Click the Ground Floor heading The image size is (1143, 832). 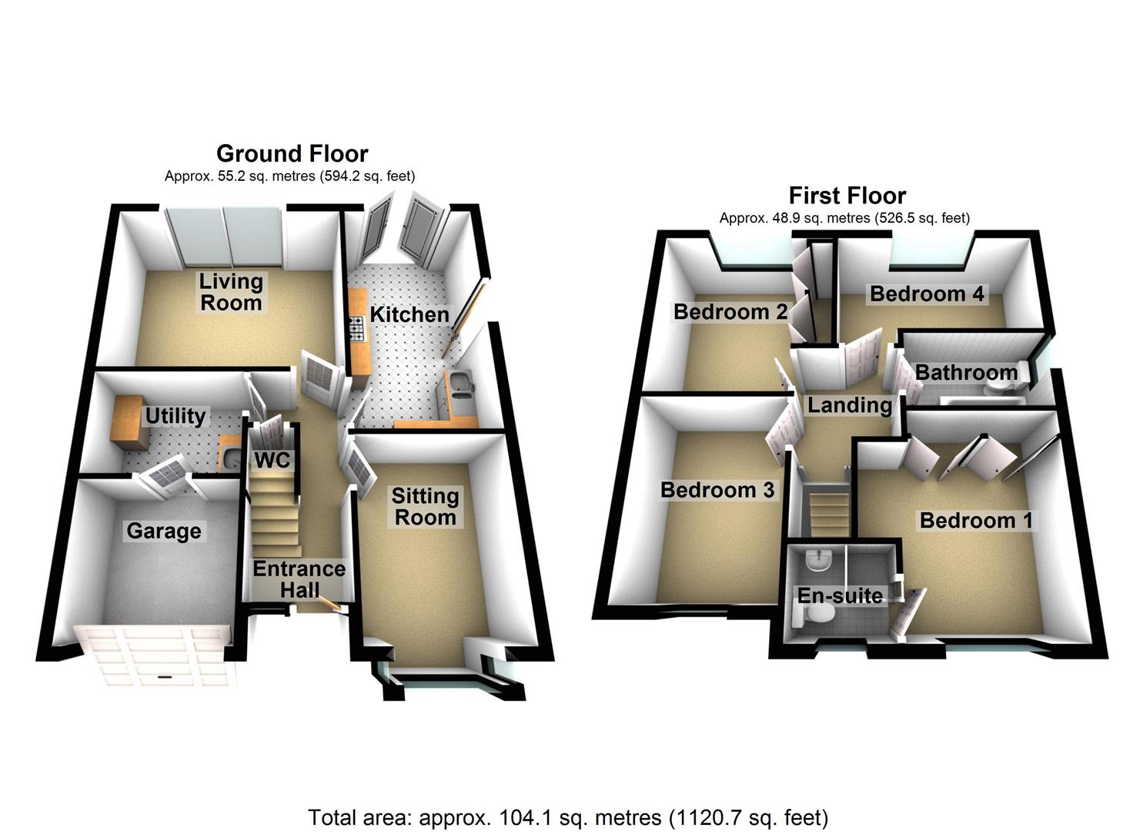pyautogui.click(x=292, y=153)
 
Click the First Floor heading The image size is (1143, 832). pyautogui.click(x=847, y=195)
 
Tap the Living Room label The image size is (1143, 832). pyautogui.click(x=231, y=292)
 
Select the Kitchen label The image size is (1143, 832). pyautogui.click(x=409, y=314)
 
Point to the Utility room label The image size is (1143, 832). pyautogui.click(x=175, y=416)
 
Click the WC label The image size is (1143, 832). pyautogui.click(x=272, y=460)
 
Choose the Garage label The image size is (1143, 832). pyautogui.click(x=164, y=532)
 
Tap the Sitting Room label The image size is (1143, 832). pyautogui.click(x=425, y=507)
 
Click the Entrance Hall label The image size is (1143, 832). pyautogui.click(x=299, y=579)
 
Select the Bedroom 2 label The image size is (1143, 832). pyautogui.click(x=730, y=311)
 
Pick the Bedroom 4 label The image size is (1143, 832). pyautogui.click(x=927, y=294)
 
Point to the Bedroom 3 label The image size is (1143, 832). pyautogui.click(x=717, y=490)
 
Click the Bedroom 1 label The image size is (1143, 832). pyautogui.click(x=976, y=521)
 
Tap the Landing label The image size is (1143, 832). pyautogui.click(x=850, y=405)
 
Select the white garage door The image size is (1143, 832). pyautogui.click(x=157, y=656)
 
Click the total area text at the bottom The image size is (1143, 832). pyautogui.click(x=568, y=817)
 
